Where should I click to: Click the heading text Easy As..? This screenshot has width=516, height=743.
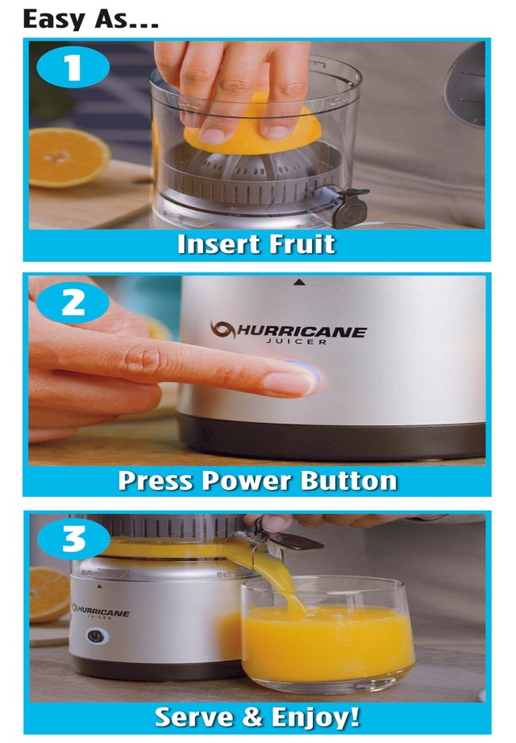click(90, 18)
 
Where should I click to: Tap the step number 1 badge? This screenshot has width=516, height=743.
click(73, 68)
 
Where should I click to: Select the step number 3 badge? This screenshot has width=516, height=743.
click(73, 539)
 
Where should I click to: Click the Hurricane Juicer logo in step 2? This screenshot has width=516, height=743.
click(288, 332)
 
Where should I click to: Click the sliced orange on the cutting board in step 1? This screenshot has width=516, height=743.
click(68, 156)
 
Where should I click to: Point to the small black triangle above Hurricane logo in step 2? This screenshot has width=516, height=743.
click(299, 281)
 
